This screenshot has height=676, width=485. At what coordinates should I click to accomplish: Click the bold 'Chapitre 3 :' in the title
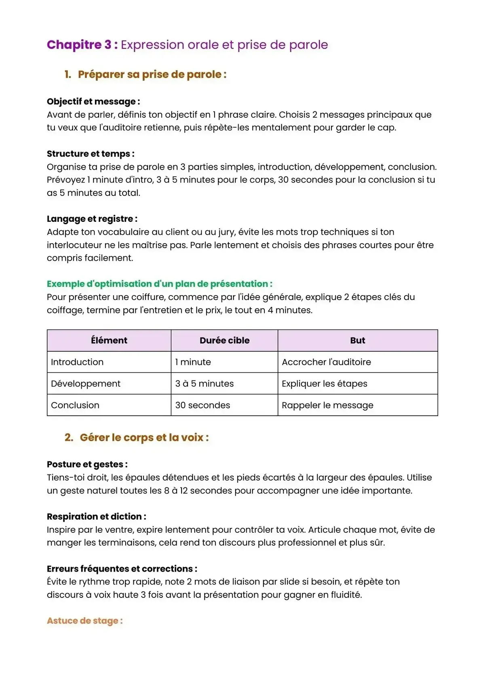pos(82,45)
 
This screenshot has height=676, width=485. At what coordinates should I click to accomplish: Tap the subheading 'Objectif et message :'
pos(93,102)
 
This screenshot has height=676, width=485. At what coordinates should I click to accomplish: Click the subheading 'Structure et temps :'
pos(91,154)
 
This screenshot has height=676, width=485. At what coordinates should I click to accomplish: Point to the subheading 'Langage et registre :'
pos(92,219)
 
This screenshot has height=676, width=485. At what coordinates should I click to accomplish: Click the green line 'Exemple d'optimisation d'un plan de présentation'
pos(160,284)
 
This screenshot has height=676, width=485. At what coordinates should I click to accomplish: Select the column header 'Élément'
pos(109,340)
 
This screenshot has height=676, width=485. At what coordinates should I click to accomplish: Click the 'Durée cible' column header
pos(224,340)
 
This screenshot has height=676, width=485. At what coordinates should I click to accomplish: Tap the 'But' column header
pos(357,340)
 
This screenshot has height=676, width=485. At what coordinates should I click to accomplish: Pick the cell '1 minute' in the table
pos(193,362)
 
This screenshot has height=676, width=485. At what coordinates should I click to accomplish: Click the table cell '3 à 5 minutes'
pos(204,383)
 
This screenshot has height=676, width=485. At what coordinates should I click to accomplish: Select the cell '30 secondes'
pos(202,405)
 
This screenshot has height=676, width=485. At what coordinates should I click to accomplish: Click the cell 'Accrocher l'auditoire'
pos(326,362)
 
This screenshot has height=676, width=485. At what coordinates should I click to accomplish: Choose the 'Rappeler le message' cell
pos(327,405)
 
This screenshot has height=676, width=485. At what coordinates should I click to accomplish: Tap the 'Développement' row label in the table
pos(86,383)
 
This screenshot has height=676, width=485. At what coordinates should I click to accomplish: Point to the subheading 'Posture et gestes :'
pos(87,464)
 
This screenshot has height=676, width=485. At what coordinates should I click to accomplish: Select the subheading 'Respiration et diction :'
pos(97,517)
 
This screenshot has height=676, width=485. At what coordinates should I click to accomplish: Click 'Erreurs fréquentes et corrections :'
pos(122,569)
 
